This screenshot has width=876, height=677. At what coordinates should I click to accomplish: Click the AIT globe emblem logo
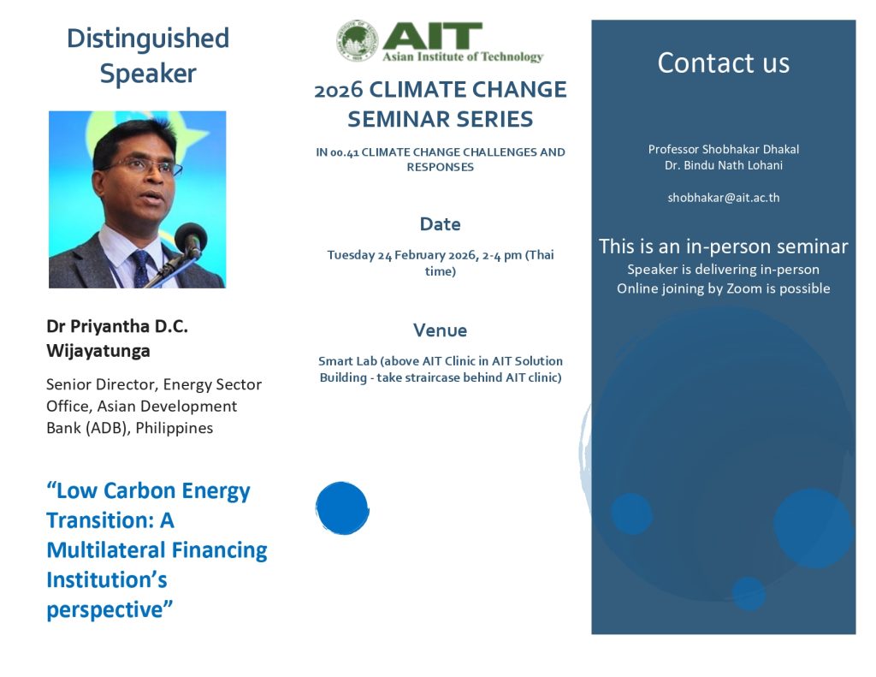point(357,40)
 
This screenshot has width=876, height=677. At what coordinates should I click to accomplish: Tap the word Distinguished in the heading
point(148,39)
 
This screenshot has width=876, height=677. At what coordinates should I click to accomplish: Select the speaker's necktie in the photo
point(141,269)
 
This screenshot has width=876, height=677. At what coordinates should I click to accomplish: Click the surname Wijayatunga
point(98,351)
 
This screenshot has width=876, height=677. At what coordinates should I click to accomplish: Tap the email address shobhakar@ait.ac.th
point(724,198)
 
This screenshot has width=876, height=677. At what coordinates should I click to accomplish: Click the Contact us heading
point(724,62)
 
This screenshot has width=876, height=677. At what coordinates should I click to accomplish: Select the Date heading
point(441,224)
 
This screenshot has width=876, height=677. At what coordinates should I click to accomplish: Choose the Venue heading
point(441,330)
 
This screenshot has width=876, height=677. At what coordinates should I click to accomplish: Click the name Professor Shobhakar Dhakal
point(724,149)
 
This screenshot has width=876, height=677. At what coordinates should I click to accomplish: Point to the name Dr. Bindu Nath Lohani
point(724,165)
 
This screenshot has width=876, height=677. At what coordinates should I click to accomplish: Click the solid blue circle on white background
point(342,508)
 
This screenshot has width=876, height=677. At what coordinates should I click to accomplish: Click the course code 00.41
point(344,152)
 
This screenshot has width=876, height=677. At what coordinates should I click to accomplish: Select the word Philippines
point(175,428)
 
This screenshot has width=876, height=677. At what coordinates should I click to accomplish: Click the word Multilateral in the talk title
point(105,550)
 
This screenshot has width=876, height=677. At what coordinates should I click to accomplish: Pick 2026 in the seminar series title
point(339,90)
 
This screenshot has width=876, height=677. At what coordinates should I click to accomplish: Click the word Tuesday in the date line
point(351,256)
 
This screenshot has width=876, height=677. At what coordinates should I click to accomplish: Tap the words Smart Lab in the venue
point(347,361)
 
